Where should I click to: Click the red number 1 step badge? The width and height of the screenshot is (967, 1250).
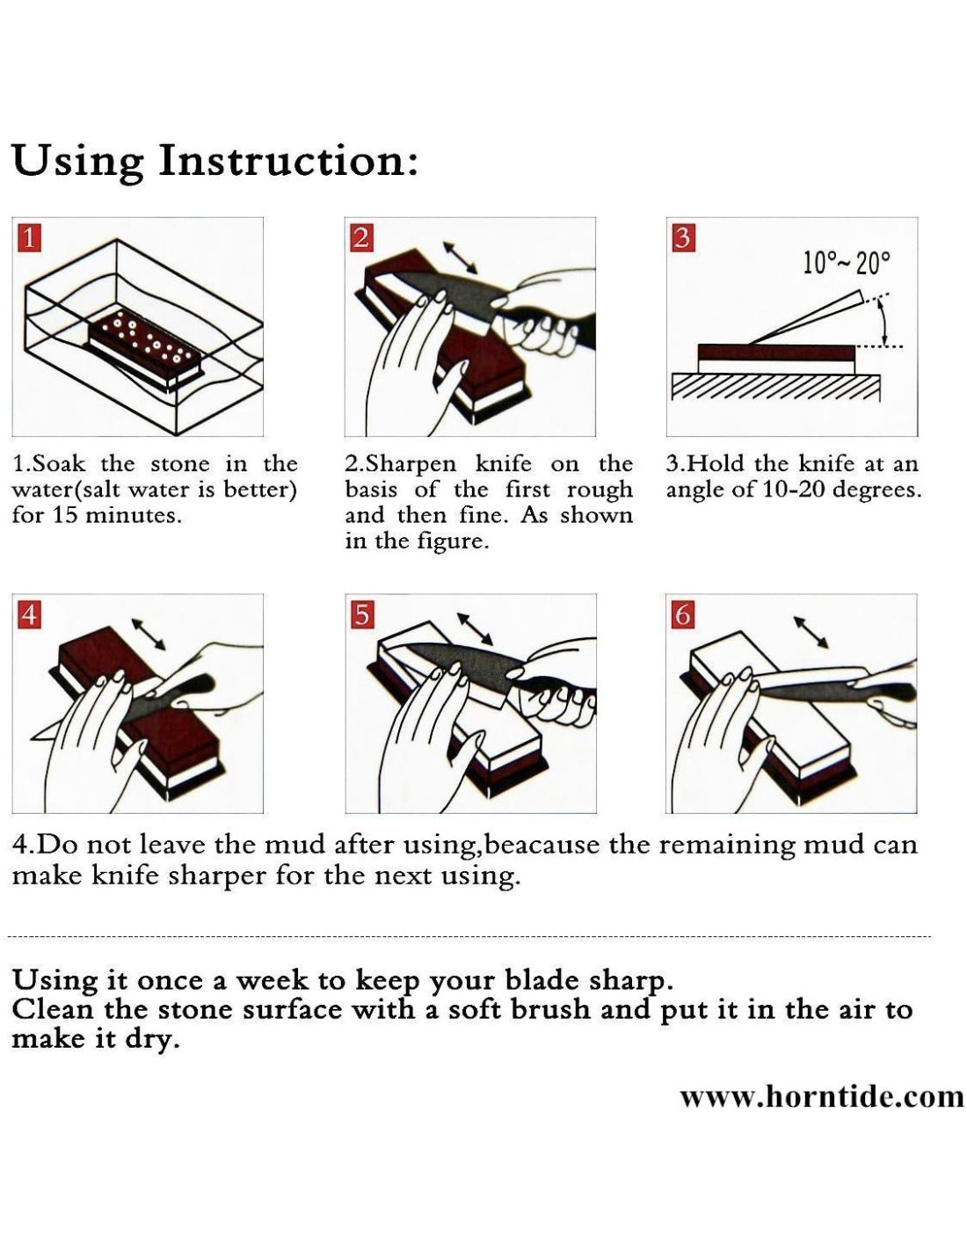pyautogui.click(x=29, y=238)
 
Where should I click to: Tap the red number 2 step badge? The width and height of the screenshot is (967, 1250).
pyautogui.click(x=360, y=238)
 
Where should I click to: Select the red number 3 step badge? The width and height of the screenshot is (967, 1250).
pyautogui.click(x=682, y=238)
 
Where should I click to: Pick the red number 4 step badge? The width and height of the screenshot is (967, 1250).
pyautogui.click(x=29, y=615)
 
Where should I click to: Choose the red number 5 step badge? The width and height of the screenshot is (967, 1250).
pyautogui.click(x=360, y=615)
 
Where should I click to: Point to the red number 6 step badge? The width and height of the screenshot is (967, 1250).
pyautogui.click(x=682, y=615)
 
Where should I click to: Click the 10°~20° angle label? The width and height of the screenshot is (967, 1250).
pyautogui.click(x=847, y=264)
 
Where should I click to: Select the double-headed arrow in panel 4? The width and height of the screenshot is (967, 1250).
pyautogui.click(x=149, y=634)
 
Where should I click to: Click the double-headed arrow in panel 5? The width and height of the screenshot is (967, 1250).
pyautogui.click(x=475, y=629)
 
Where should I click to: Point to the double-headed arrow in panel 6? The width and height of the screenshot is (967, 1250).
pyautogui.click(x=811, y=632)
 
